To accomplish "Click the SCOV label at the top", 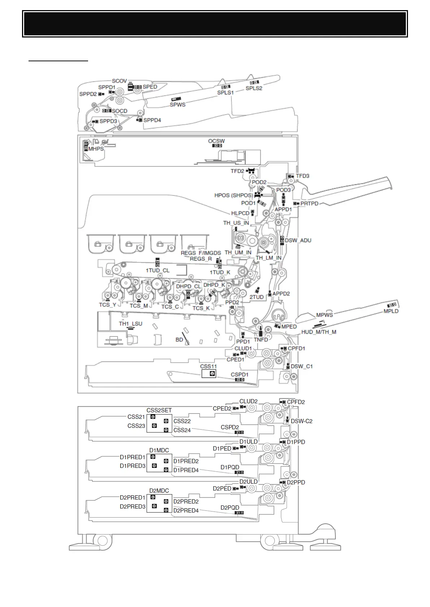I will coord(120,81).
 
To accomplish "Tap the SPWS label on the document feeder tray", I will coord(178,105).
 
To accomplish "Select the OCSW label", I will coord(217,141).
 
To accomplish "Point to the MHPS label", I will coord(96,149).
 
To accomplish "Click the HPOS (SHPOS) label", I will coord(234,195).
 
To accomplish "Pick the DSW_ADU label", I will coord(298,240).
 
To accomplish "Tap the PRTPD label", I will coord(309,204).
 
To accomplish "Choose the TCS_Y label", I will coord(108,305).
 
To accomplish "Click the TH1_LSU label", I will coord(131,324).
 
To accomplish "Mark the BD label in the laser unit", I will coord(179,340).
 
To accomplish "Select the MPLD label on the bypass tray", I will coord(391,311).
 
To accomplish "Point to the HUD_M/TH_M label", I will coord(319,332).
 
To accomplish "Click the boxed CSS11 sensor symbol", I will coord(212,374).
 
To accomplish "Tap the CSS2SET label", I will coord(159,410).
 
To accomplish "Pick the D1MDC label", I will coord(159,450).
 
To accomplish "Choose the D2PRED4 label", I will coord(186,510).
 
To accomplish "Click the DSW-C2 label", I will coord(301,421).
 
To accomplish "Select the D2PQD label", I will coord(230,508).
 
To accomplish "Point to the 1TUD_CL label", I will coord(158,270).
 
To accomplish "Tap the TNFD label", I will coord(261,340).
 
